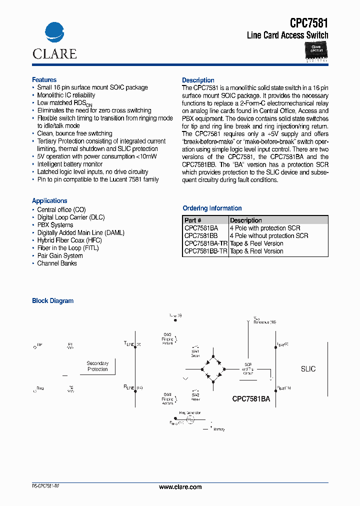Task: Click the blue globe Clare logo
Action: tap(54, 33)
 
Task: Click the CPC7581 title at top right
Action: tap(309, 22)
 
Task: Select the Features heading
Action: tap(44, 80)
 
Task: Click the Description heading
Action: tap(198, 80)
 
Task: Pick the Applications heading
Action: tap(49, 200)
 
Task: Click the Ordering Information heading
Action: tap(212, 208)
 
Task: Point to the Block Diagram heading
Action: tap(52, 301)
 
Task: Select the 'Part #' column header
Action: tap(193, 220)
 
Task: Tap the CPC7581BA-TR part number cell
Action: tap(205, 243)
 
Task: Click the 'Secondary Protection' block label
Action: tap(97, 366)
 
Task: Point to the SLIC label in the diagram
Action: tap(308, 369)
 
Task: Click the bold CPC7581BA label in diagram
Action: tap(251, 399)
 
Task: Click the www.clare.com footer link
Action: tap(180, 487)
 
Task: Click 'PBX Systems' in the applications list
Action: tap(55, 225)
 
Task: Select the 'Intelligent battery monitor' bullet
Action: tap(70, 164)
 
